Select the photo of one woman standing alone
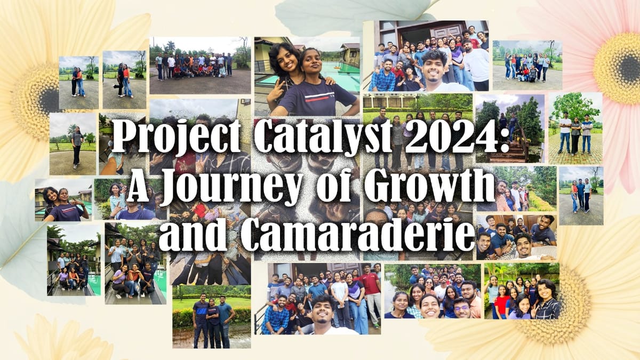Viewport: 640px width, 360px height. tap(73, 143)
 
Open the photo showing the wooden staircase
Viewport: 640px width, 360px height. tap(509, 128)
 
